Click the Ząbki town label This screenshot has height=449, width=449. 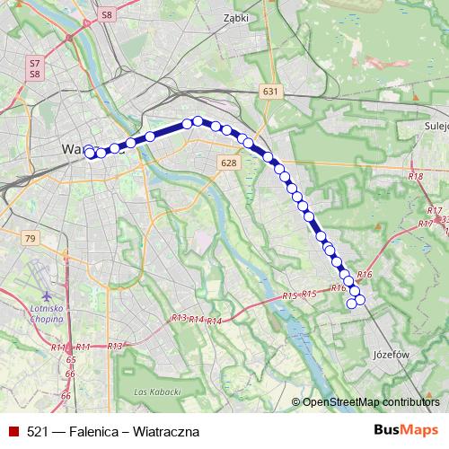(x=235, y=16)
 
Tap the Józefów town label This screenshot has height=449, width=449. (x=390, y=355)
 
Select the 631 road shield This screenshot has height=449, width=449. (x=270, y=92)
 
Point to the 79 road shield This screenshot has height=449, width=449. (x=31, y=238)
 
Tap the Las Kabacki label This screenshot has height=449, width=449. (x=156, y=392)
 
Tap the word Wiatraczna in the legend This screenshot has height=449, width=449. (x=165, y=432)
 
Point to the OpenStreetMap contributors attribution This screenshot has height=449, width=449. (x=371, y=402)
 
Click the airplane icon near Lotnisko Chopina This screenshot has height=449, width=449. (x=47, y=295)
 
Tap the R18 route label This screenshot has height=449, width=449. (x=415, y=177)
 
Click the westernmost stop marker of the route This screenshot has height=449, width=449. (x=89, y=153)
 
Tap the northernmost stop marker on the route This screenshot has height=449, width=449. (x=198, y=120)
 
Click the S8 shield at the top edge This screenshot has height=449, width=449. (x=108, y=15)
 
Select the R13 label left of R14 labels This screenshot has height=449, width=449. (x=179, y=319)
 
